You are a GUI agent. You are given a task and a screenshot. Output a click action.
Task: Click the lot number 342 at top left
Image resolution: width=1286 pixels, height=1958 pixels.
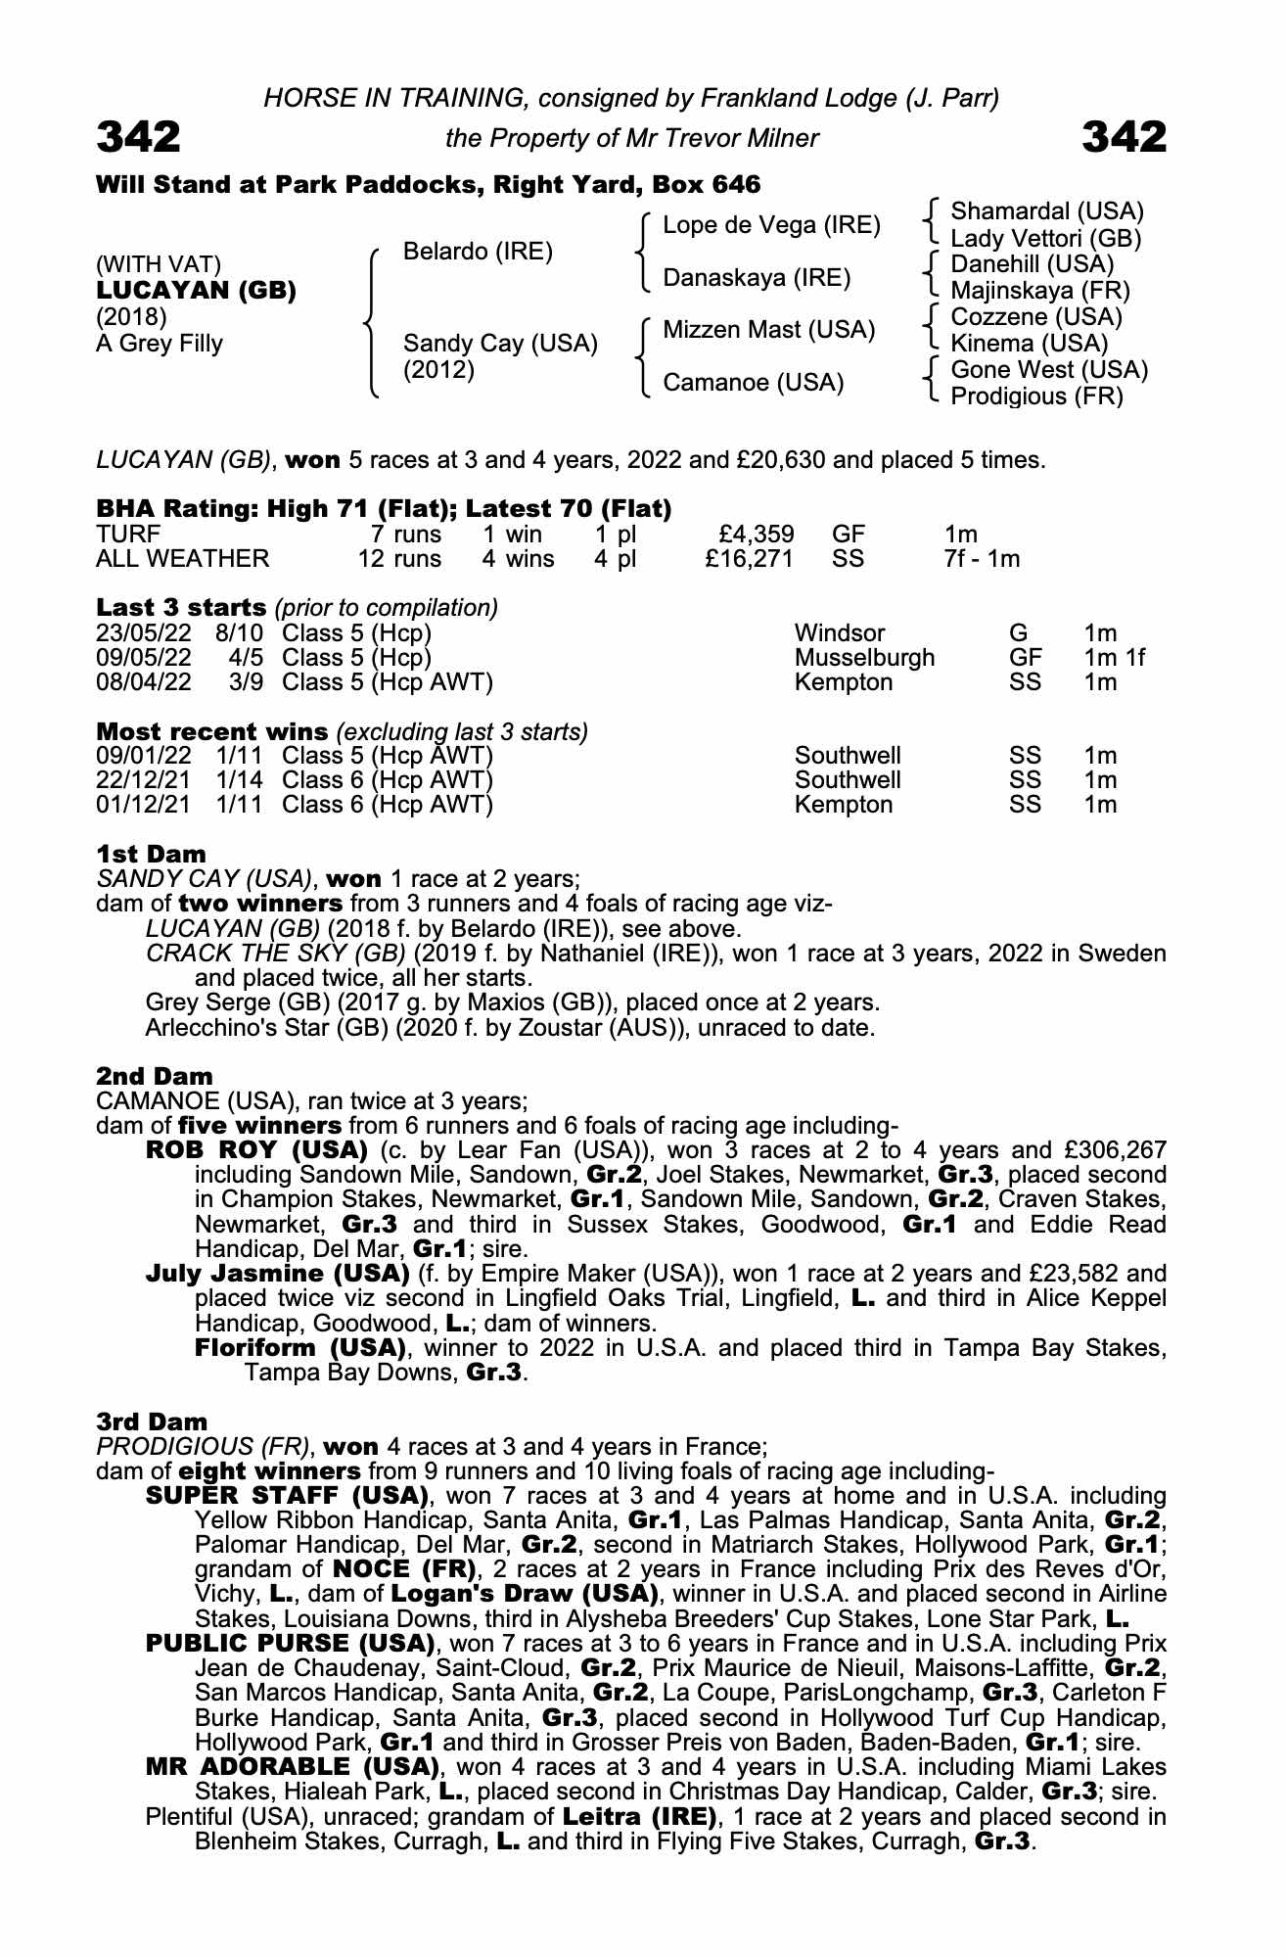[138, 137]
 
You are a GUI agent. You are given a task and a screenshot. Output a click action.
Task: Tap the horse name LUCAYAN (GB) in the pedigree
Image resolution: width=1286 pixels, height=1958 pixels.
[196, 291]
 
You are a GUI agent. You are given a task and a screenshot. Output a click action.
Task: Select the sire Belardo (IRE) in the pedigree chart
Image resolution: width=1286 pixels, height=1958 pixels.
[478, 252]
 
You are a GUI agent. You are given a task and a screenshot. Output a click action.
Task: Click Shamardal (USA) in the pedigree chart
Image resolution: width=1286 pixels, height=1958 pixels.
[1046, 211]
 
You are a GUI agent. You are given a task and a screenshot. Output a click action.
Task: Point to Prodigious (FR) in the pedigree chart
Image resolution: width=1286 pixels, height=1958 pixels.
[1036, 396]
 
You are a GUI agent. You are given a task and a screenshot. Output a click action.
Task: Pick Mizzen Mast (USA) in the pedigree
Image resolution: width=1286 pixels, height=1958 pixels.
[768, 330]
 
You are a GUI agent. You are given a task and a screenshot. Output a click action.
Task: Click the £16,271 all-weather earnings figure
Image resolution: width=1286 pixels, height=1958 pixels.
[749, 559]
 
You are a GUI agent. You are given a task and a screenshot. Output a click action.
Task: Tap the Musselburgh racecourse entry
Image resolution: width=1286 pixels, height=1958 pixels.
[864, 657]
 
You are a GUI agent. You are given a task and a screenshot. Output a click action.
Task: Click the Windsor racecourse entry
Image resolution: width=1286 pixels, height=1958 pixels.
[840, 632]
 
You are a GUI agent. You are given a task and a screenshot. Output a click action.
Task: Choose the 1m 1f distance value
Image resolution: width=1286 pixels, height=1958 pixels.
[1114, 657]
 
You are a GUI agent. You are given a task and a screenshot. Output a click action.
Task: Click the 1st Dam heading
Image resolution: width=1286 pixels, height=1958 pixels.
[151, 854]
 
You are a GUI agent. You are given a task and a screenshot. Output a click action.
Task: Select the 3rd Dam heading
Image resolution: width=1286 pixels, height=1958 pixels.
[152, 1422]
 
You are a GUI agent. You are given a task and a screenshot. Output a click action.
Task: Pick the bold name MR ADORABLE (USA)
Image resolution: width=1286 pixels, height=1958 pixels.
[291, 1767]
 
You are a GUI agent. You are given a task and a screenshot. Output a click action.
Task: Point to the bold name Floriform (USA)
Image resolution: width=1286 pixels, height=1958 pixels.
[300, 1348]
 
